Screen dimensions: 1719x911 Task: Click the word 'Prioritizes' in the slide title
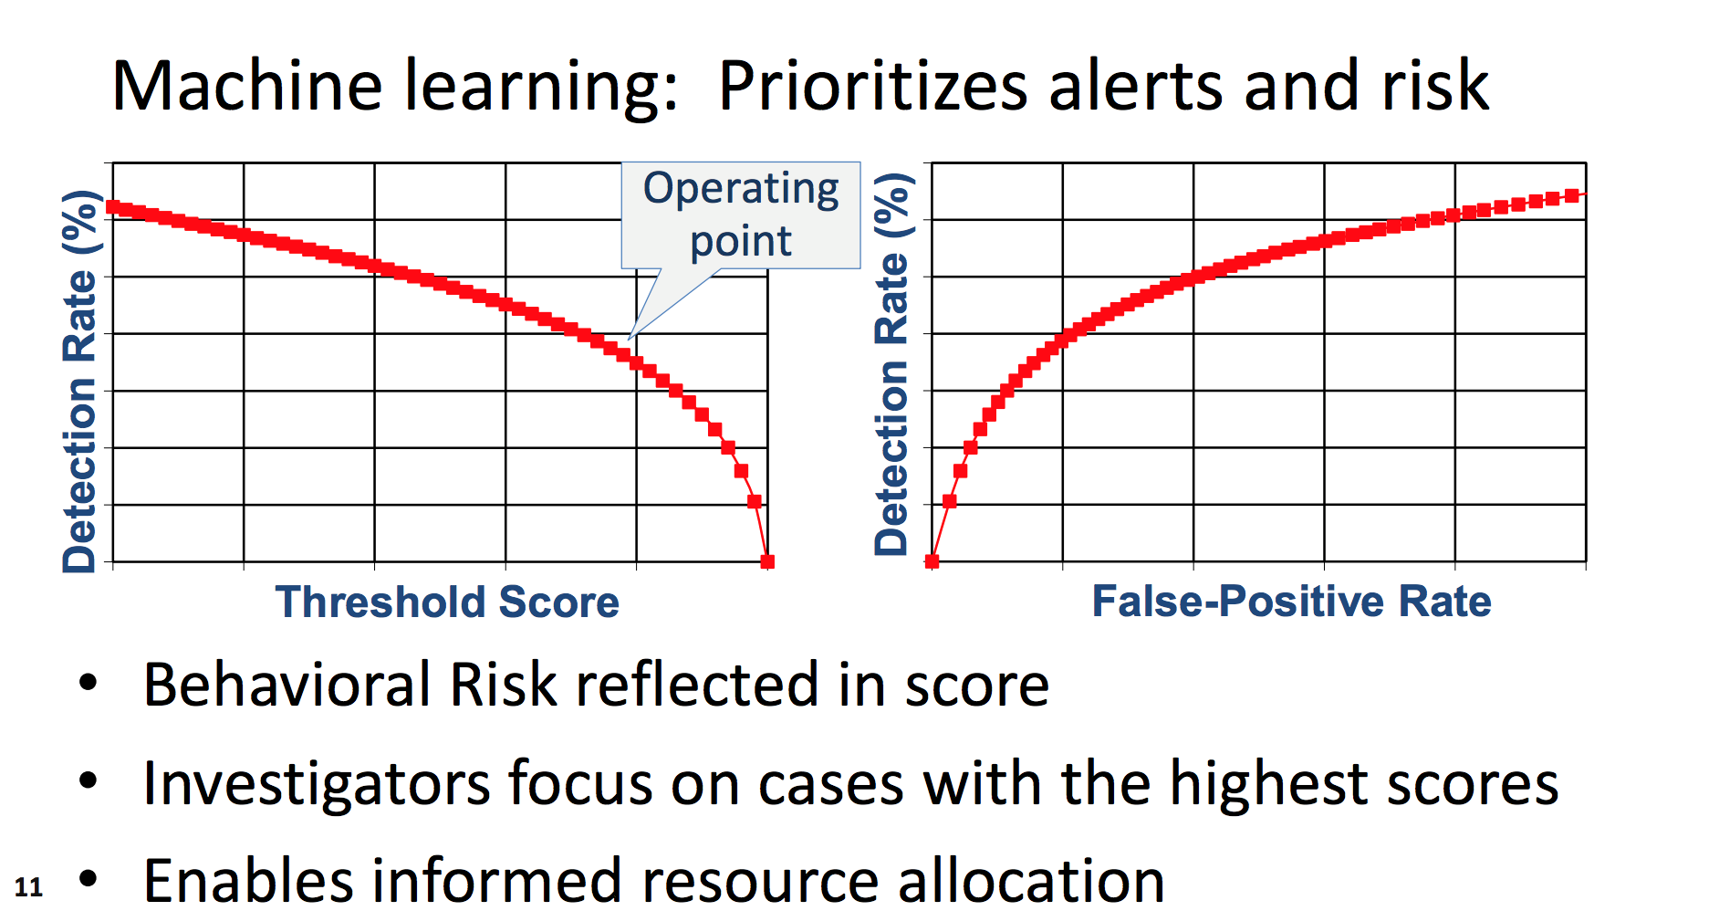873,85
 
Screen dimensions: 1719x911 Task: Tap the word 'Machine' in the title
247,85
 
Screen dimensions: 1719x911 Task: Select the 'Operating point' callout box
741,215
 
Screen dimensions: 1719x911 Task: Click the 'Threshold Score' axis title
447,602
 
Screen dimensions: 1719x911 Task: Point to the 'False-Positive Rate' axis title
1291,601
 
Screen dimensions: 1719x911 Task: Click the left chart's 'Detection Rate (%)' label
79,382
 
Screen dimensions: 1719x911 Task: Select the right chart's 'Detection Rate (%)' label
891,364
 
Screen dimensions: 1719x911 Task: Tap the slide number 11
28,886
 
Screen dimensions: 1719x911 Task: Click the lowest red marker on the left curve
767,561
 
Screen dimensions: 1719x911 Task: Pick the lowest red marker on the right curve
932,561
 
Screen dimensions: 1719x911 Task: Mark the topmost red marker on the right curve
1572,195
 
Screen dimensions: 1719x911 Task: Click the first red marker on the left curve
113,207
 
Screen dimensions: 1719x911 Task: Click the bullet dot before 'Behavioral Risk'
88,683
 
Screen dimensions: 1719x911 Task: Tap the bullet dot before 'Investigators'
88,781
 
